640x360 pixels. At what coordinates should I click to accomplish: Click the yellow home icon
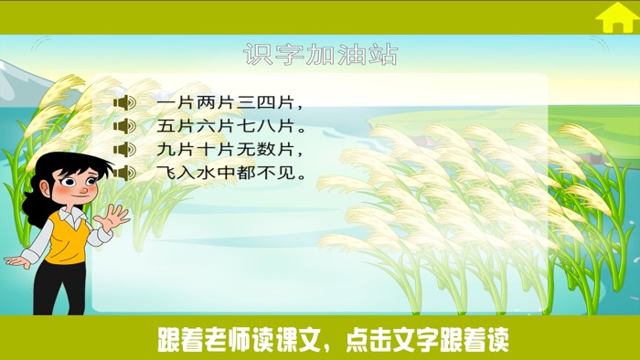616,17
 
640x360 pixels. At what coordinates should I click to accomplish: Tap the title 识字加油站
320,54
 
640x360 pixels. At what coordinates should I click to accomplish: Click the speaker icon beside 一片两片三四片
124,102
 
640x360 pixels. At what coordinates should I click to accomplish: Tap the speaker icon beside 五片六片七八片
124,125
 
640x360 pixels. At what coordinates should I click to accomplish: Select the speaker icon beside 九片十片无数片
124,148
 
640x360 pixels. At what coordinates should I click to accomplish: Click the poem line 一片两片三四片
229,102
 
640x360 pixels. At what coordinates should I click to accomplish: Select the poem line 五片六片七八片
229,125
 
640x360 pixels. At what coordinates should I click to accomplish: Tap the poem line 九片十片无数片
229,148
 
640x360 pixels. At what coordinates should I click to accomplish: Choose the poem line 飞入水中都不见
229,171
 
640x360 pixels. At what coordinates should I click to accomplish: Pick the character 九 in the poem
165,148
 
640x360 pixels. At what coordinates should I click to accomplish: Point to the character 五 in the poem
165,125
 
